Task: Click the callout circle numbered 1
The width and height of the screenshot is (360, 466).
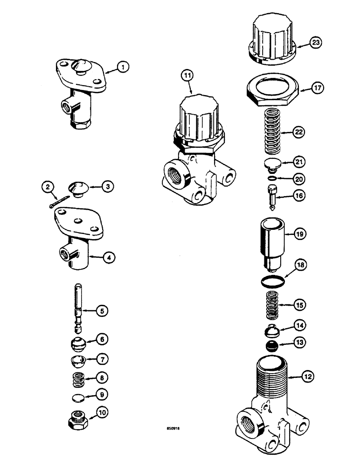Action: click(123, 68)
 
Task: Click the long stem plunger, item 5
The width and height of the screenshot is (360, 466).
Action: click(77, 308)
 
